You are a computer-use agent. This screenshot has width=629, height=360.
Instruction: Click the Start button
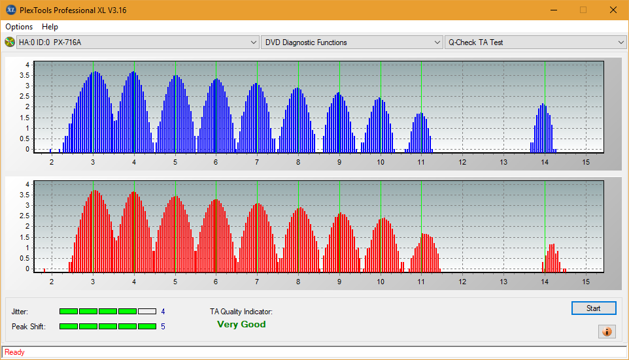[593, 308]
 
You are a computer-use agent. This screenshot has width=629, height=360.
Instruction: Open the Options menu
[19, 26]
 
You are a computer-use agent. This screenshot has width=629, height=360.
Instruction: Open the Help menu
[50, 26]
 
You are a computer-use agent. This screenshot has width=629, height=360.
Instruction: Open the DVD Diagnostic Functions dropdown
[351, 42]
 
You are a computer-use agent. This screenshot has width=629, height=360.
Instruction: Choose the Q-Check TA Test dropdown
[535, 42]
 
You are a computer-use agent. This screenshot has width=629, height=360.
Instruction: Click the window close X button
[613, 10]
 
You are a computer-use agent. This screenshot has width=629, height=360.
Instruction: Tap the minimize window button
[554, 10]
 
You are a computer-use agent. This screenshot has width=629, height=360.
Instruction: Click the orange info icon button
[607, 331]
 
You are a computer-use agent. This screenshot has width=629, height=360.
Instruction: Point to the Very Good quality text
[241, 324]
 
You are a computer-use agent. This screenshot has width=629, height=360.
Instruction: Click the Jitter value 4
[163, 312]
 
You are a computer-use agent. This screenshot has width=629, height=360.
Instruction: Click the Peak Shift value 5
[163, 327]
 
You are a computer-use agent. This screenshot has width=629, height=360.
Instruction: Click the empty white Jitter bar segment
[147, 311]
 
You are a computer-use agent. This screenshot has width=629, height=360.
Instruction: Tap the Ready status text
[14, 352]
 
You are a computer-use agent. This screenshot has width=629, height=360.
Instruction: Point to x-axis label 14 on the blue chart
[545, 162]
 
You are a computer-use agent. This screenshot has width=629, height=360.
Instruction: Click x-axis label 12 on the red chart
[462, 282]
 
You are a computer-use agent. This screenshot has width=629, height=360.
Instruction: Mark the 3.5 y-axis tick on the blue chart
[24, 75]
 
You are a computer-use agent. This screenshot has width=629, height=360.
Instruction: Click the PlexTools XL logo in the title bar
[11, 10]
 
